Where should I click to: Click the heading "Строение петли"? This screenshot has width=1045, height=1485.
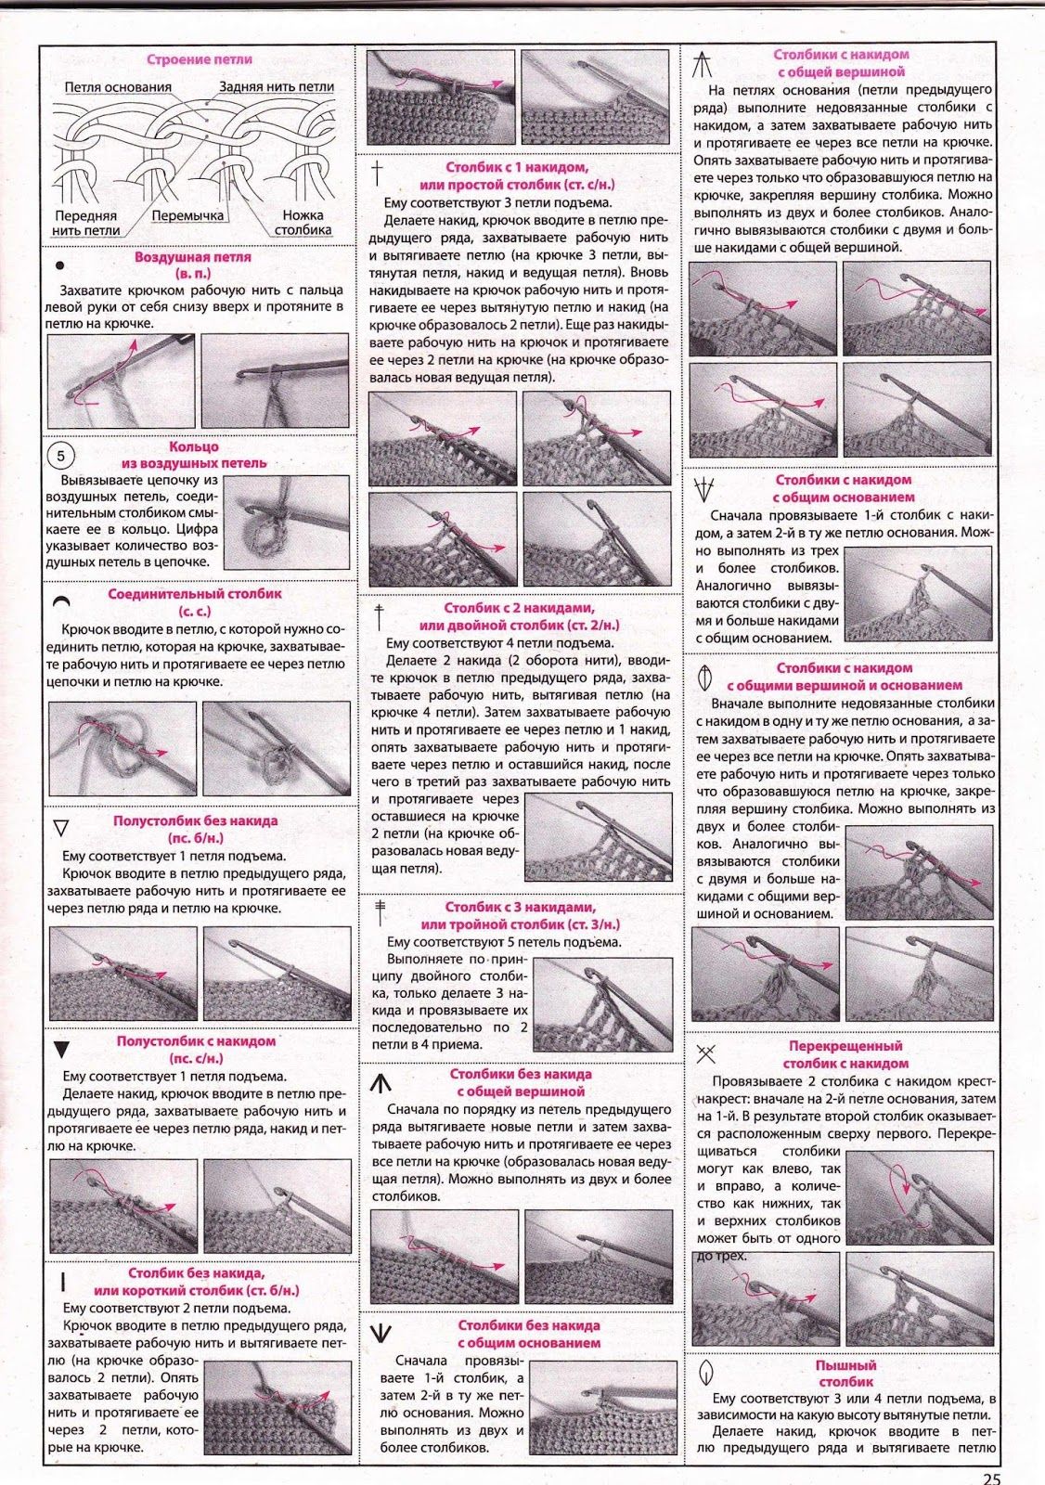tap(200, 59)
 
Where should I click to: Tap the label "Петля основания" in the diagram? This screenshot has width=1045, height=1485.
tap(118, 87)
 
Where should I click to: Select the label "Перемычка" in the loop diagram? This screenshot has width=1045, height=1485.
tap(188, 215)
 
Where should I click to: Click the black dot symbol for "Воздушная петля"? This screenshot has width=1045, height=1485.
tap(60, 265)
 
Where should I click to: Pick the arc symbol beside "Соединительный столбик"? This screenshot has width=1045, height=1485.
tap(61, 601)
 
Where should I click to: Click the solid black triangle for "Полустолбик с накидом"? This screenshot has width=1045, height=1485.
tap(61, 1050)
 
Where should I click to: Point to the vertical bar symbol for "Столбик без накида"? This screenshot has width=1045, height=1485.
tap(62, 1282)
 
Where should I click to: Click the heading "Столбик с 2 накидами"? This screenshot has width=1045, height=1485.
tap(519, 616)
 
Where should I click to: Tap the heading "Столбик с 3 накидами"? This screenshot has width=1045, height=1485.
tap(520, 915)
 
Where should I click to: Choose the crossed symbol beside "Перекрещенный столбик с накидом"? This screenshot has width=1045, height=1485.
tap(706, 1052)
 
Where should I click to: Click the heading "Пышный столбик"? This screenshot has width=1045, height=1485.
tap(845, 1373)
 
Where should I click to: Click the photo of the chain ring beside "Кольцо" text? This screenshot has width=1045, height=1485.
tap(287, 522)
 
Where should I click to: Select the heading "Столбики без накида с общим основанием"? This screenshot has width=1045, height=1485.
tap(528, 1334)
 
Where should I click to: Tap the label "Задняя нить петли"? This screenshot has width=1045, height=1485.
tap(277, 86)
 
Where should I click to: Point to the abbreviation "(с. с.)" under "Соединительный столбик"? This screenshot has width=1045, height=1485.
tap(195, 611)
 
